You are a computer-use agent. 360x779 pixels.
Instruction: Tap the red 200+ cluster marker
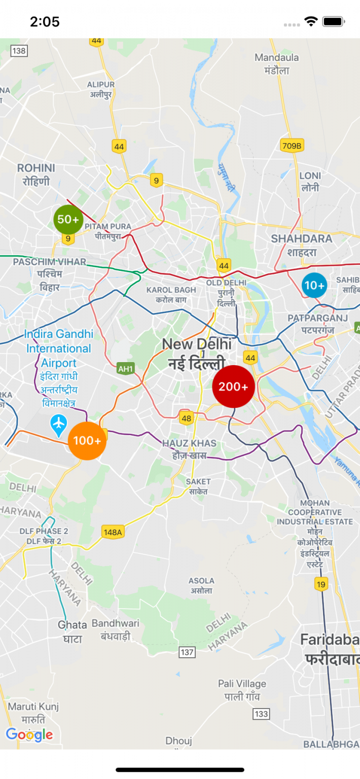point(233,386)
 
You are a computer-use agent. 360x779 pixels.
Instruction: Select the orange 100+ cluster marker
point(87,441)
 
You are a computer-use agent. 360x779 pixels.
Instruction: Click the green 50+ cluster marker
point(68,220)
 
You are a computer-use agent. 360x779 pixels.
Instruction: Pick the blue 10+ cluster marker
point(314,285)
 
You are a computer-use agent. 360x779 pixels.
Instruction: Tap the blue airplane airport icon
point(59,425)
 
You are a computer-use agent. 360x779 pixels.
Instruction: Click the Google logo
point(29,734)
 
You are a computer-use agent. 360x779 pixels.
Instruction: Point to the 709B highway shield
point(292,146)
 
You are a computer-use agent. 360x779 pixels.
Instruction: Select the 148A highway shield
point(113,532)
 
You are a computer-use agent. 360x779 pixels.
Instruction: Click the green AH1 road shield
point(125,368)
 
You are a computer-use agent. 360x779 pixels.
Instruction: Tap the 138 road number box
point(19,51)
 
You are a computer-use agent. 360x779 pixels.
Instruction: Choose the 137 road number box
point(187,652)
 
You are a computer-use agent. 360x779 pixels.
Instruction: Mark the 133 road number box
point(261,714)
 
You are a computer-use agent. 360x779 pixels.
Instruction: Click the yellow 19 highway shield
point(321,584)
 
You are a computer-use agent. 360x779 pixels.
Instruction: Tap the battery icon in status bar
point(334,22)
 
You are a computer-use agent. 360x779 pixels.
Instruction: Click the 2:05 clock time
point(45,22)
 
